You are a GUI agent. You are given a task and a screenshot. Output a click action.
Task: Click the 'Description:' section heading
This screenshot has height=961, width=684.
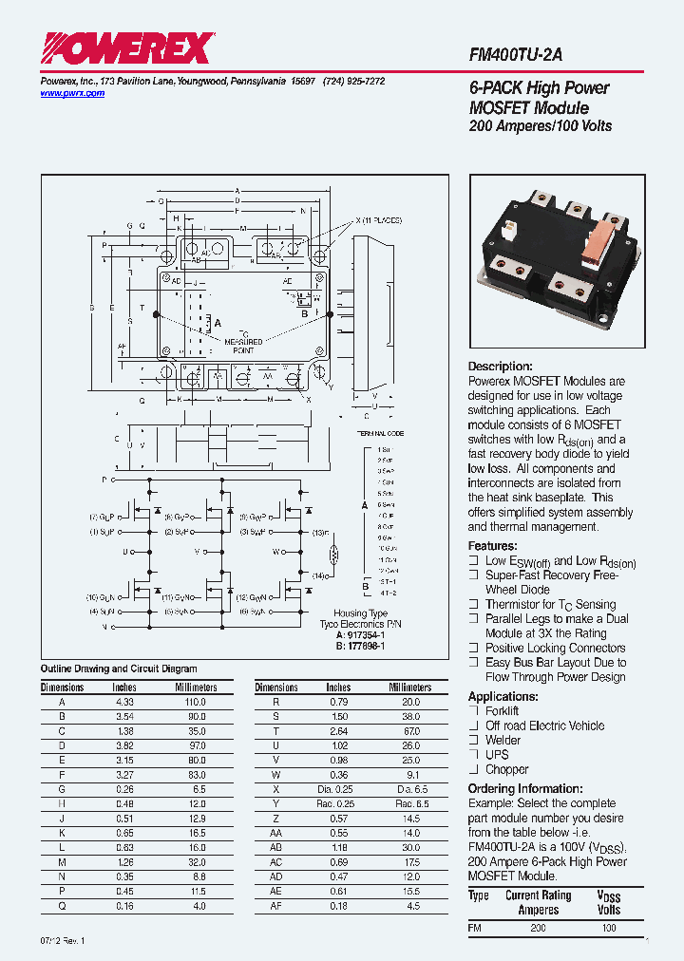click(501, 367)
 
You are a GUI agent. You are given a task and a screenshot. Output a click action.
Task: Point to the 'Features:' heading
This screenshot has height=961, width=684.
click(492, 546)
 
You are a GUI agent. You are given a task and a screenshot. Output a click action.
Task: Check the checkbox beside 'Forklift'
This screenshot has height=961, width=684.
click(473, 710)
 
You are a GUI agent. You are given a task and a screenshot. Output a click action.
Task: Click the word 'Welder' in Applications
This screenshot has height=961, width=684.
click(503, 740)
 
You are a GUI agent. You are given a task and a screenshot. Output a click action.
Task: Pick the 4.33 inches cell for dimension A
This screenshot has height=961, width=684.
click(124, 701)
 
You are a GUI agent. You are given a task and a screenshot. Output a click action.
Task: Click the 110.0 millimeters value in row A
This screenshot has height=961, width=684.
click(195, 701)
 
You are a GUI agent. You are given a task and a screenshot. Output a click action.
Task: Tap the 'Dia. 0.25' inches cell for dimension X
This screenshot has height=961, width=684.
click(339, 789)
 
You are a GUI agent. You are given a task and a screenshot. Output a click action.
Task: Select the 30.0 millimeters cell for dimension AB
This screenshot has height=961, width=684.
click(410, 848)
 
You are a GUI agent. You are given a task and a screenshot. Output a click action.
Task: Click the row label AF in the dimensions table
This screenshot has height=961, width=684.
click(275, 907)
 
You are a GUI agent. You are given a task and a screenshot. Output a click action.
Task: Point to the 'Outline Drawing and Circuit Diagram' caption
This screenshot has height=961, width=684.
click(119, 669)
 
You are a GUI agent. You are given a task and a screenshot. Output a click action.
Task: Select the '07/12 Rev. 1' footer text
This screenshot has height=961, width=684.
click(63, 940)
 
